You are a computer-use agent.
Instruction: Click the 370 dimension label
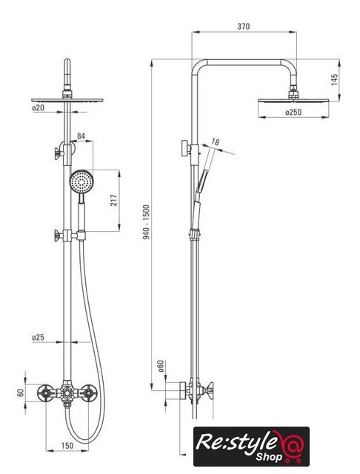[x=243, y=27]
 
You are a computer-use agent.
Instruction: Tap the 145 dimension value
[x=334, y=79]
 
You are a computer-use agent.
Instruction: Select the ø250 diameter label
[x=293, y=112]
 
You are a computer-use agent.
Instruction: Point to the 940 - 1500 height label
[x=147, y=222]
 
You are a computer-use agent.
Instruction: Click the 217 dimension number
[x=114, y=200]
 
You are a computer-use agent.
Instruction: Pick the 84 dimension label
[x=81, y=136]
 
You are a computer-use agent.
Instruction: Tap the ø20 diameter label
[x=38, y=107]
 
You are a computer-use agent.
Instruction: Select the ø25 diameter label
[x=38, y=337]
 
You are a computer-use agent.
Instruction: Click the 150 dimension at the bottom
[x=67, y=446]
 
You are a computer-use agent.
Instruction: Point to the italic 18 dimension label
[x=216, y=141]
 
